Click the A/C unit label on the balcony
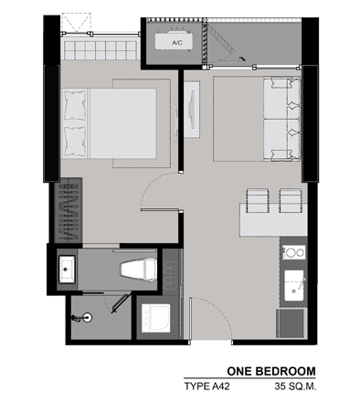pos(177,43)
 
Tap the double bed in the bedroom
pos(110,123)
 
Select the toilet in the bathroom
pos(139,270)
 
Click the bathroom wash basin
pos(67,270)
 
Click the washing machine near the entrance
pos(155,318)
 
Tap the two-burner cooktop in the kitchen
pos(293,252)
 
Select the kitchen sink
pos(294,285)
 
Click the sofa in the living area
pos(282,119)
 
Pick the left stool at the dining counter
pos(258,200)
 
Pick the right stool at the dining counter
pos(291,200)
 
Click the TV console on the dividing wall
pos(192,110)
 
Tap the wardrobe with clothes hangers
pos(69,211)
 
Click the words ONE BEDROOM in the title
pos(271,371)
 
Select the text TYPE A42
pos(206,387)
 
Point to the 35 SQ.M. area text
pos(295,387)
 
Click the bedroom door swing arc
pos(151,183)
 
